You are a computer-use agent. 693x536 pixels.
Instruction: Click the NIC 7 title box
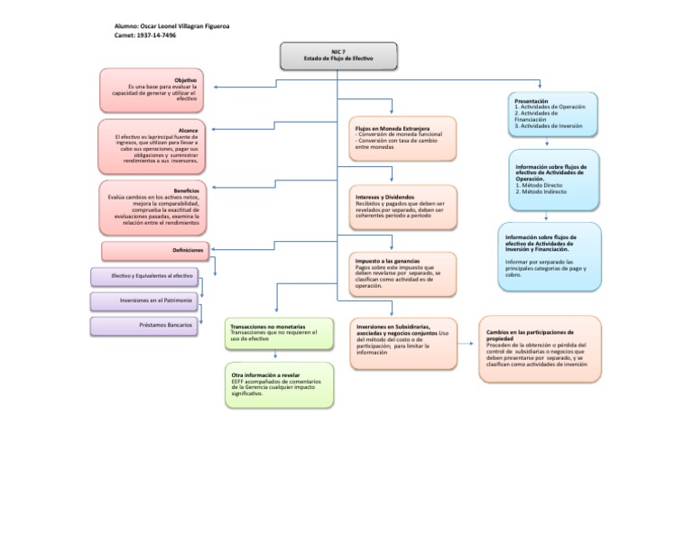click(337, 57)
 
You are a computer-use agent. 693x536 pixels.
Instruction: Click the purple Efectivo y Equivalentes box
click(144, 276)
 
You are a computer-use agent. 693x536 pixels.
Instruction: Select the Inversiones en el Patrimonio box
click(144, 300)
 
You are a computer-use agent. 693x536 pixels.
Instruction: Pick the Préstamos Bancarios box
click(144, 325)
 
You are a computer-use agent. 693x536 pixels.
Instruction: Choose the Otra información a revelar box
click(278, 385)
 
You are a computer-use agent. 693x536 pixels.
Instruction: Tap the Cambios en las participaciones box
click(539, 347)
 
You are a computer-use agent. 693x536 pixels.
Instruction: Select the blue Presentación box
click(552, 114)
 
